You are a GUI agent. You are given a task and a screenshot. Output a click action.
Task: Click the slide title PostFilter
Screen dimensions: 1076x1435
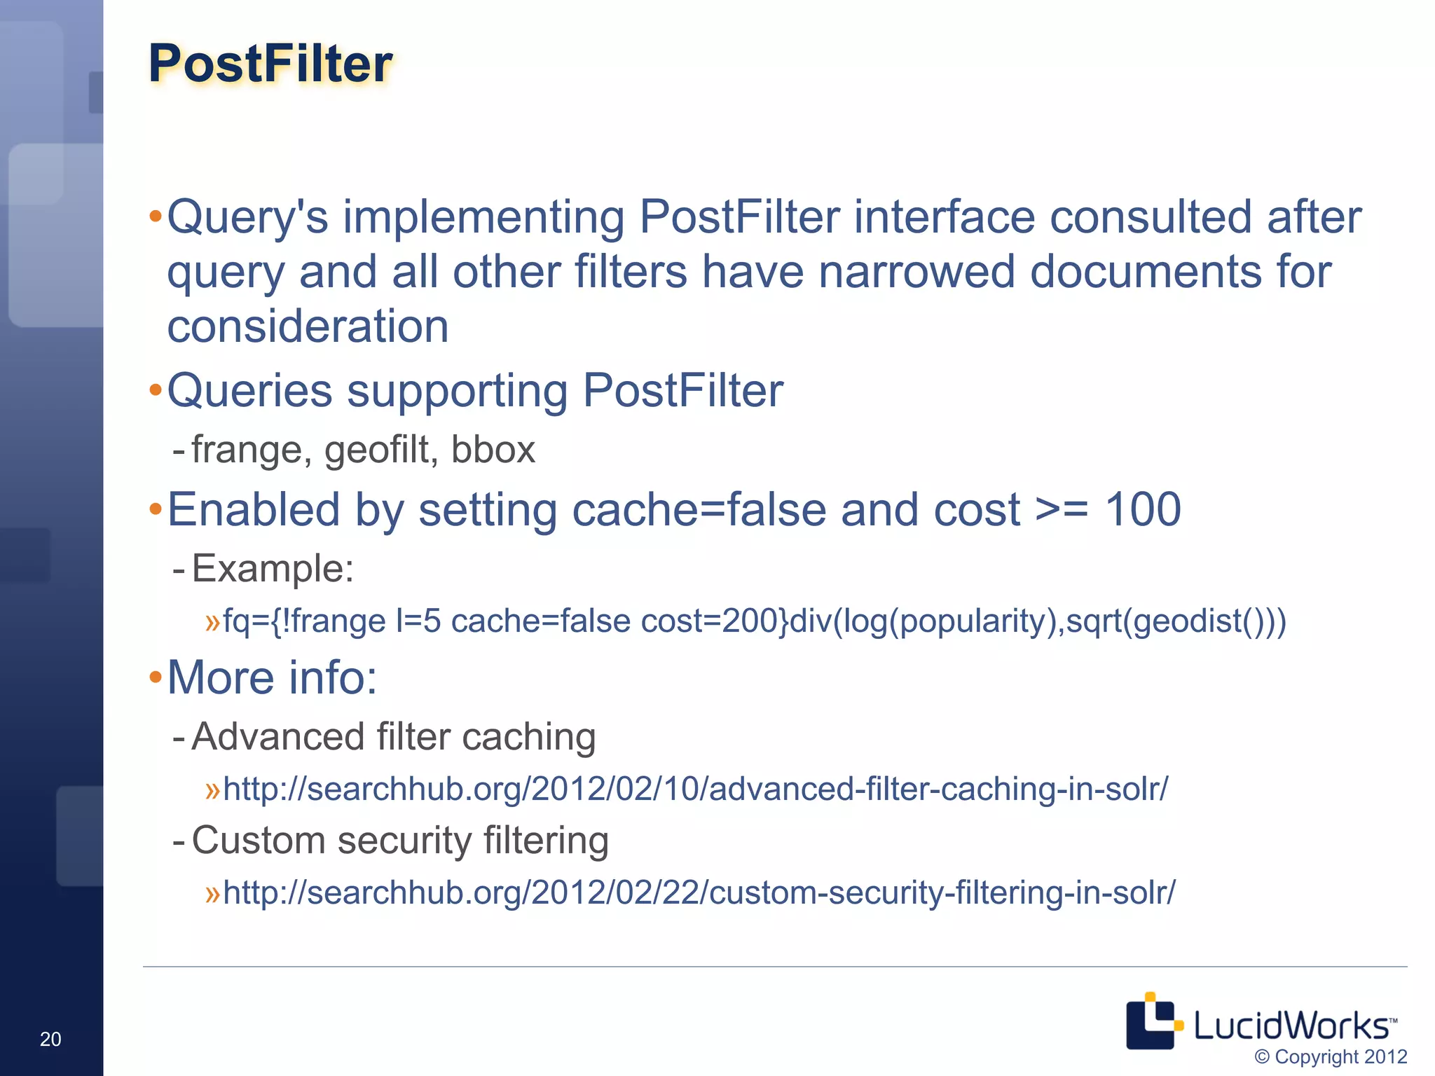pos(270,64)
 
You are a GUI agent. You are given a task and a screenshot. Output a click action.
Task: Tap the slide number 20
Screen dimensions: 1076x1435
pos(50,1039)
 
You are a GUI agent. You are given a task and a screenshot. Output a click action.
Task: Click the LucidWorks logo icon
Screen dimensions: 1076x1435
pos(1152,1021)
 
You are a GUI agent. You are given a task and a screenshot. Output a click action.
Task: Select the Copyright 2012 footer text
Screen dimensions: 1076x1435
pos(1330,1057)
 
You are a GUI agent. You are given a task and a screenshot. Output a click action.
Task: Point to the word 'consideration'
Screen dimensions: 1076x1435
pos(308,326)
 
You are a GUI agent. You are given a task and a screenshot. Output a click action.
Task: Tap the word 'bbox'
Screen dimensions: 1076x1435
pos(493,449)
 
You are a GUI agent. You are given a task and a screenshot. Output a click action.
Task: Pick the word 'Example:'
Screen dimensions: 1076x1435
pos(273,568)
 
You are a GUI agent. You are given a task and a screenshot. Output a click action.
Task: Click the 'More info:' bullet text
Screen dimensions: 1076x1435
pos(272,677)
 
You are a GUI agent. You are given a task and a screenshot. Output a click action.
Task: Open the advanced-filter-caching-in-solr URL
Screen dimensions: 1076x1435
pos(695,789)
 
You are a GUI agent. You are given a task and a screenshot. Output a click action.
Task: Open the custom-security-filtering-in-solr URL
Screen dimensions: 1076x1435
pos(699,892)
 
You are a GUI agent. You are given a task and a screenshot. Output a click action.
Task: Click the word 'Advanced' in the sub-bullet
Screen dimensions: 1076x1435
pos(277,737)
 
